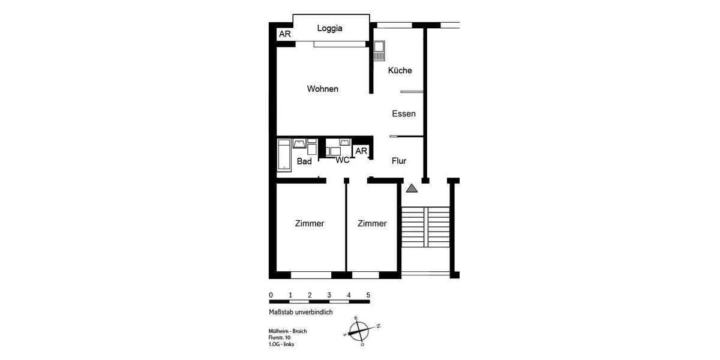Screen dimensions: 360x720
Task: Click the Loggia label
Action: coord(330,28)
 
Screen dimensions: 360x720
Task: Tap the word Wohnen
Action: coord(323,89)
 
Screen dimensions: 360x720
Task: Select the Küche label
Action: coord(400,70)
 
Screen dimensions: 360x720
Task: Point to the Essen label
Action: coord(404,113)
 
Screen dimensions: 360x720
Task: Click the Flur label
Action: coord(399,161)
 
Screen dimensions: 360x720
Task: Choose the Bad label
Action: coord(304,161)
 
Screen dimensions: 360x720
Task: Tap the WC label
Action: coord(343,160)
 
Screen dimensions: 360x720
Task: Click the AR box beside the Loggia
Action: coord(285,34)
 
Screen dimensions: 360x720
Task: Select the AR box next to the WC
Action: coord(361,151)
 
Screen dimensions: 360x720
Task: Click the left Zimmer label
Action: coord(310,223)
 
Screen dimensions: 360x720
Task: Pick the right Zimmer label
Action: coord(372,223)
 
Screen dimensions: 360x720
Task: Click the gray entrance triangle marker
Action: coord(411,188)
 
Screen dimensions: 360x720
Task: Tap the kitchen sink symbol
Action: coord(379,50)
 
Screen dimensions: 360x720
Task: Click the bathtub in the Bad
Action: coord(284,155)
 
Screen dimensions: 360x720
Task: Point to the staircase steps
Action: coord(425,226)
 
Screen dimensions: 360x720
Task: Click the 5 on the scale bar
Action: coord(368,295)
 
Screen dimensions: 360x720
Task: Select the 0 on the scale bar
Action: coord(271,295)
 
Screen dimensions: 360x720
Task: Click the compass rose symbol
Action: coord(359,329)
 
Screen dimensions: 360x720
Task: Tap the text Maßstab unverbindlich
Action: coord(301,312)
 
